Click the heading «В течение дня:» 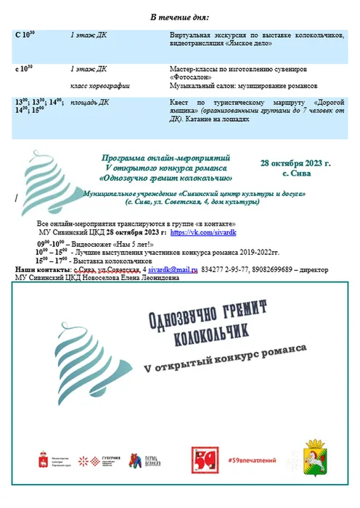180,17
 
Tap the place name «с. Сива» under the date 295,174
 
